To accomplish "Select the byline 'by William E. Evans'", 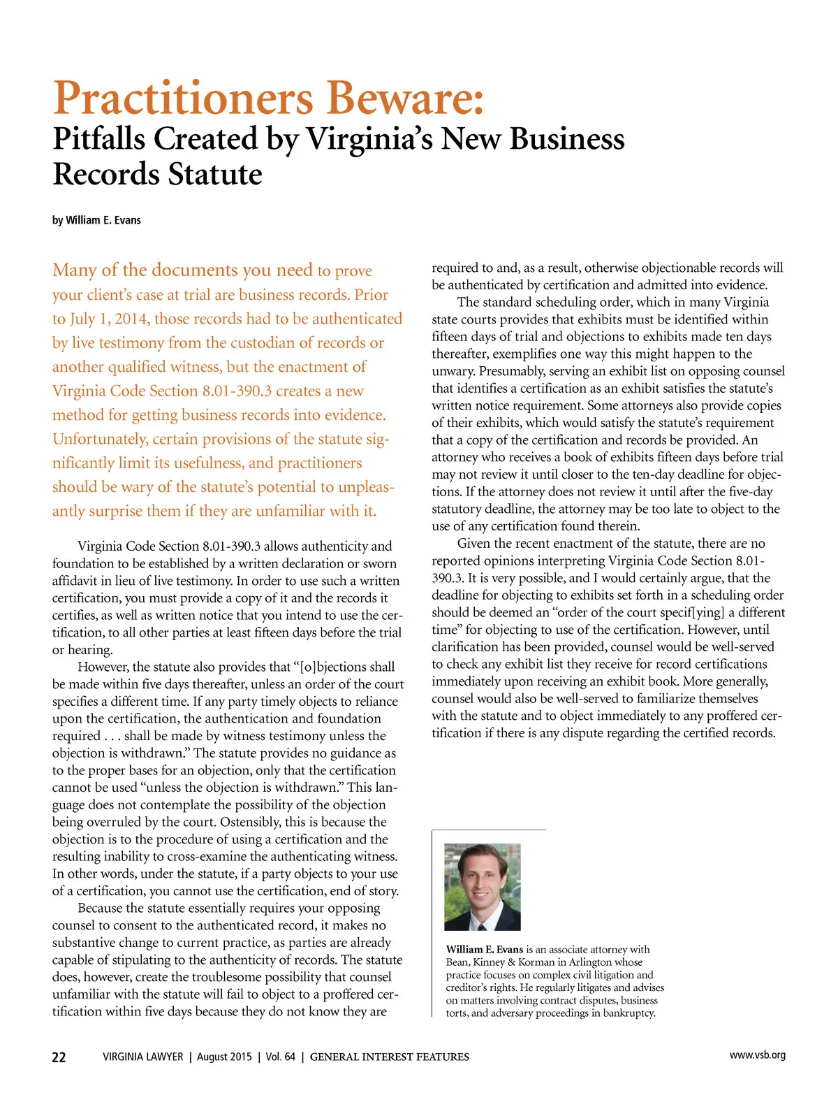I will pos(96,220).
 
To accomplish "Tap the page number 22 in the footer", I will pos(59,1057).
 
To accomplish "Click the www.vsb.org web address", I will pos(757,1055).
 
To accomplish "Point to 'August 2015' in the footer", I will pos(224,1057).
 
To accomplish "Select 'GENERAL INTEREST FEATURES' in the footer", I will pos(389,1057).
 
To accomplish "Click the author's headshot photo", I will pos(483,886).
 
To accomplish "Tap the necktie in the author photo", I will pos(482,921).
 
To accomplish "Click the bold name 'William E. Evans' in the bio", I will pos(484,949).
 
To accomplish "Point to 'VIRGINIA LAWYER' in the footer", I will pos(142,1057).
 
